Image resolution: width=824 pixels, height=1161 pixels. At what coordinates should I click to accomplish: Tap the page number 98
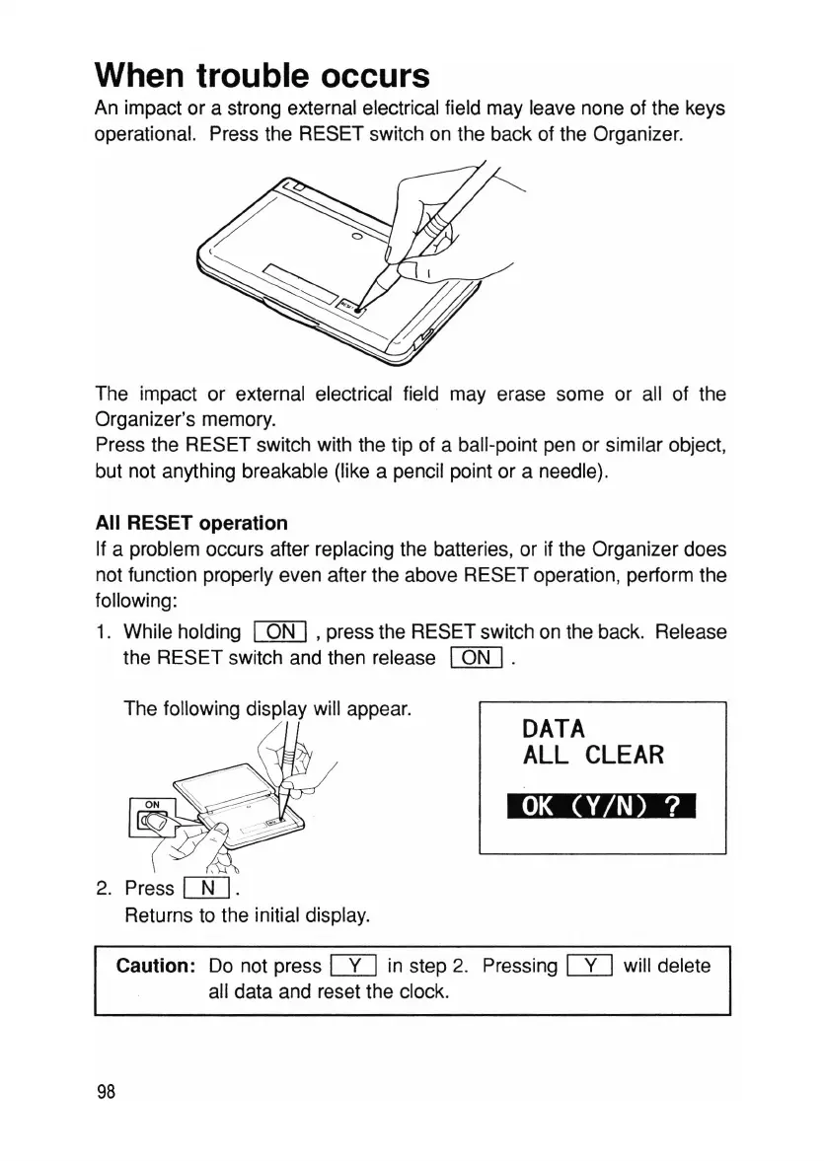[x=107, y=1091]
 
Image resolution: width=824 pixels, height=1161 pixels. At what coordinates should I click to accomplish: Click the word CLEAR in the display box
[x=624, y=756]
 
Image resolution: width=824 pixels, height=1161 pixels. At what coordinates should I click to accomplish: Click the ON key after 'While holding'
[x=282, y=631]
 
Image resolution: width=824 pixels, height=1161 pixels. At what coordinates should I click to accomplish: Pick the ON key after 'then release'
[x=477, y=658]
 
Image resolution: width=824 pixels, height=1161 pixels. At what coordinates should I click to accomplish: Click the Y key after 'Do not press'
[x=350, y=967]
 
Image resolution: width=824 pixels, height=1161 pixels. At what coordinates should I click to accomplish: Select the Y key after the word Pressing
[x=587, y=967]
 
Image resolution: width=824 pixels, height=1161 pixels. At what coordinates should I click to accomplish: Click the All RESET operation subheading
[x=191, y=523]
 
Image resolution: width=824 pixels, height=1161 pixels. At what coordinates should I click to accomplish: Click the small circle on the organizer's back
[x=356, y=236]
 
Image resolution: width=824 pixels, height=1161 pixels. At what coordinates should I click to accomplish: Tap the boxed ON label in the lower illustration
[x=153, y=803]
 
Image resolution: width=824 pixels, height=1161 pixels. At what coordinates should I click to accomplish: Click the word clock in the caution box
[x=424, y=991]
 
